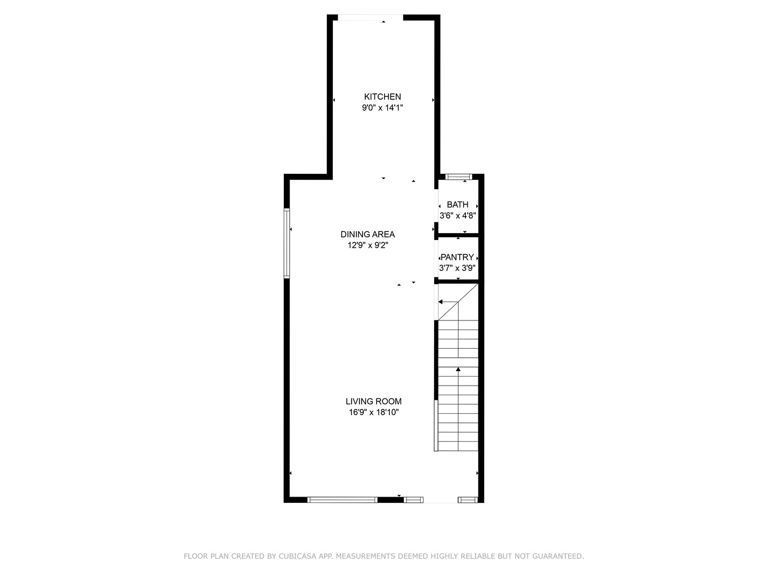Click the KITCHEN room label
click(x=382, y=97)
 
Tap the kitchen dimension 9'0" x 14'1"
click(x=382, y=108)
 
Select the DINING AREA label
click(x=367, y=234)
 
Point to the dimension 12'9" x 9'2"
click(x=367, y=245)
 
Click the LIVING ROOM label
click(x=373, y=402)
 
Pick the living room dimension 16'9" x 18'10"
click(x=373, y=412)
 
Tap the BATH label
click(x=458, y=204)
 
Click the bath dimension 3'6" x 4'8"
click(x=458, y=216)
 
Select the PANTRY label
click(x=457, y=257)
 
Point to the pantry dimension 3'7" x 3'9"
click(x=457, y=268)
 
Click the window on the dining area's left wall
click(x=286, y=243)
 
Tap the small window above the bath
click(x=459, y=177)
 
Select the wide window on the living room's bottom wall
click(x=342, y=500)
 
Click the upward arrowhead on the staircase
click(x=458, y=369)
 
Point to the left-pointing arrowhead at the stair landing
click(x=441, y=302)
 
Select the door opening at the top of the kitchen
click(x=370, y=18)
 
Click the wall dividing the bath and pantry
click(x=458, y=235)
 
